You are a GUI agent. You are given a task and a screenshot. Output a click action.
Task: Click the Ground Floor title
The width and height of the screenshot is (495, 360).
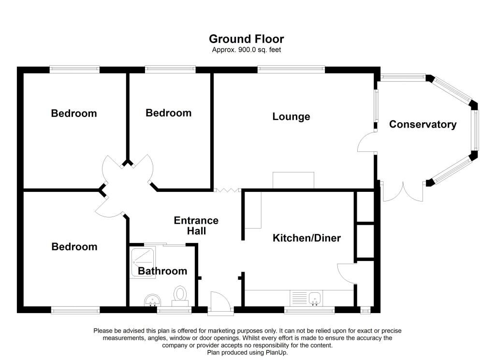[x=246, y=39]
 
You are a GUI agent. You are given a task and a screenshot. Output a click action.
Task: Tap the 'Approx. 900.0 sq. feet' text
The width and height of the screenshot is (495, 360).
[x=246, y=50]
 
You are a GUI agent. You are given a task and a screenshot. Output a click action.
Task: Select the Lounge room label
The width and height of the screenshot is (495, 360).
[x=291, y=116]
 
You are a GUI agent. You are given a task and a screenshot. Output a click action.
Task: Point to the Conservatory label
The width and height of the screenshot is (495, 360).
[x=422, y=124]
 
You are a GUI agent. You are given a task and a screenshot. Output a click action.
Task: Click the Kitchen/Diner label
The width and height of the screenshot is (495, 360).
[x=306, y=238]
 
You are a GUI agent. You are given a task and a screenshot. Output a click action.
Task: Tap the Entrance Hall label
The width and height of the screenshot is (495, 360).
[x=196, y=226]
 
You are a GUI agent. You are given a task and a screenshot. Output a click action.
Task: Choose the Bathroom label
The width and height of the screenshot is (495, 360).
[x=162, y=271]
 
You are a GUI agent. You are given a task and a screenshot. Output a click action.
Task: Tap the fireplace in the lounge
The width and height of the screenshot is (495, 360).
[x=293, y=180]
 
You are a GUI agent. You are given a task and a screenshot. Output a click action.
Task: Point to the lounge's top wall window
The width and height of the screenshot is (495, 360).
[x=291, y=70]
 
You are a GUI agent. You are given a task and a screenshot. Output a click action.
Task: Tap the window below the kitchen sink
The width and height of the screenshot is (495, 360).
[x=309, y=310]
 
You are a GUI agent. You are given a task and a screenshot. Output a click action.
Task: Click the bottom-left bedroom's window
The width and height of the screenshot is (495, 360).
[x=75, y=310]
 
